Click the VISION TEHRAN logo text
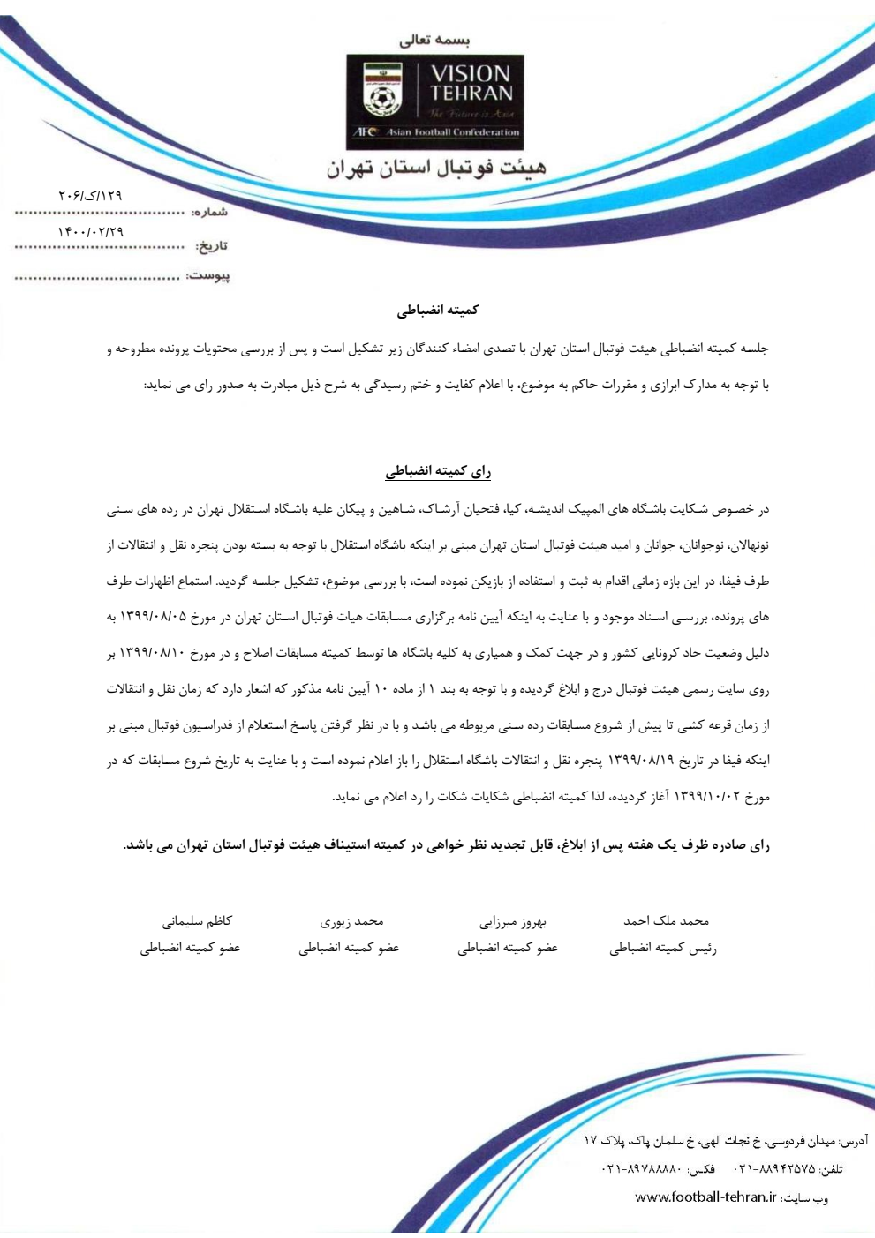click(471, 83)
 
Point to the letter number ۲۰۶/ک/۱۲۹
click(90, 195)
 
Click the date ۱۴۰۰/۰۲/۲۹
click(90, 231)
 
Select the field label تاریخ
click(211, 245)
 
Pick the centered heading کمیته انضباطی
click(437, 310)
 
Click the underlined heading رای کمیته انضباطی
click(437, 472)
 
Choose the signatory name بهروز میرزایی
click(513, 922)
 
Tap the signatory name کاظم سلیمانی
click(197, 921)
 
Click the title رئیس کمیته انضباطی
click(662, 949)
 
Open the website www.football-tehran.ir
click(705, 1197)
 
